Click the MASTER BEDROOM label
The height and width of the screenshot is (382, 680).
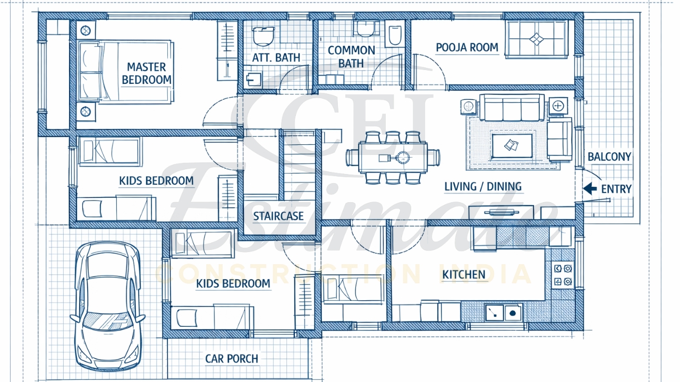(x=146, y=74)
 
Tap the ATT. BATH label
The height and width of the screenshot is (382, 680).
(x=276, y=57)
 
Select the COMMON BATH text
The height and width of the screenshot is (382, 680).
(x=351, y=57)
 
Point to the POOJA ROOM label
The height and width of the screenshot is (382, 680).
(x=467, y=48)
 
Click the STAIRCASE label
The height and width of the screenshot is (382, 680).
(x=278, y=216)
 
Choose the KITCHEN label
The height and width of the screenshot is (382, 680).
(x=464, y=274)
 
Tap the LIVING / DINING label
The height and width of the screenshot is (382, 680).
(x=482, y=187)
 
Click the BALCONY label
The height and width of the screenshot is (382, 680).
(x=609, y=157)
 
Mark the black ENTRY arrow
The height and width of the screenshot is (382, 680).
(x=589, y=188)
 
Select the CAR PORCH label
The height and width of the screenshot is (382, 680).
(x=232, y=359)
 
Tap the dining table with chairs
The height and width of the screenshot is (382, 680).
(x=393, y=158)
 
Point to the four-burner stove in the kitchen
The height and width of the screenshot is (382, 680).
(x=563, y=275)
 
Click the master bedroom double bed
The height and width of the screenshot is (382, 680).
(x=125, y=71)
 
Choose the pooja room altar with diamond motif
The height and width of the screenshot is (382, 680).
(x=537, y=39)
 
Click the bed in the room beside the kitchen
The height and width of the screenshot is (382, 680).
(x=353, y=289)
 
